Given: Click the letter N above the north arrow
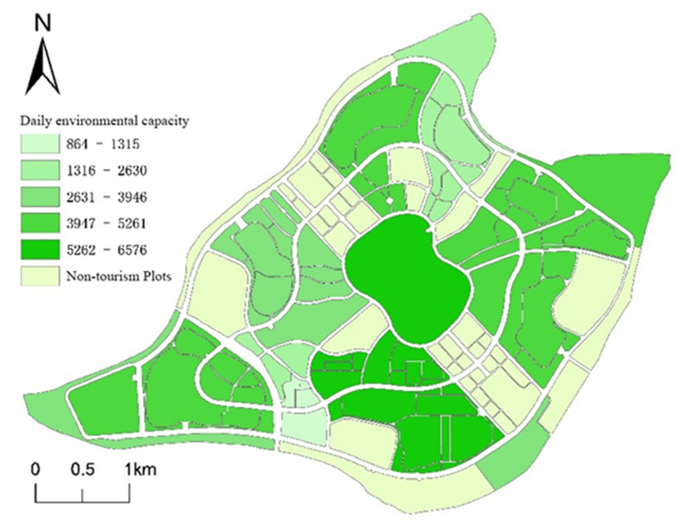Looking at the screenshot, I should (43, 23).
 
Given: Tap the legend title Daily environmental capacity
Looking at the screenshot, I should (104, 121).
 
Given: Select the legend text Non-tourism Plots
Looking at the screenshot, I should (118, 276).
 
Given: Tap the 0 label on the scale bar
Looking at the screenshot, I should (35, 470).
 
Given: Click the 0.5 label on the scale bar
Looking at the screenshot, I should (83, 470).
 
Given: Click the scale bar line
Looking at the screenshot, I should (82, 501).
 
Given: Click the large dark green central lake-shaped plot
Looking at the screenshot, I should (405, 279).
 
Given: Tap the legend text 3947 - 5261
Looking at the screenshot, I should (106, 223).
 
